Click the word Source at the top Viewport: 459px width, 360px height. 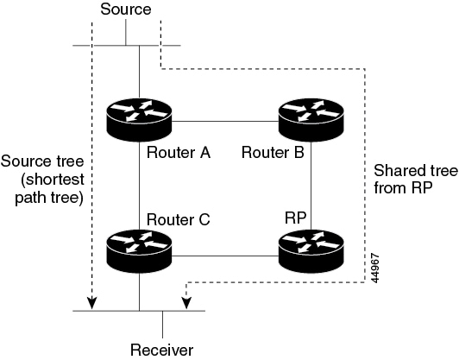126,9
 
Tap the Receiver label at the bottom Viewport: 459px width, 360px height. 162,349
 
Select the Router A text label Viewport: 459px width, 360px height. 179,153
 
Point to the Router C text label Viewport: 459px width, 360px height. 179,219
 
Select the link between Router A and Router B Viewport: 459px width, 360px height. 224,120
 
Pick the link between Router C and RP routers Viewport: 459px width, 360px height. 224,254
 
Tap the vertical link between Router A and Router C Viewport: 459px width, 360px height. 139,186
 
